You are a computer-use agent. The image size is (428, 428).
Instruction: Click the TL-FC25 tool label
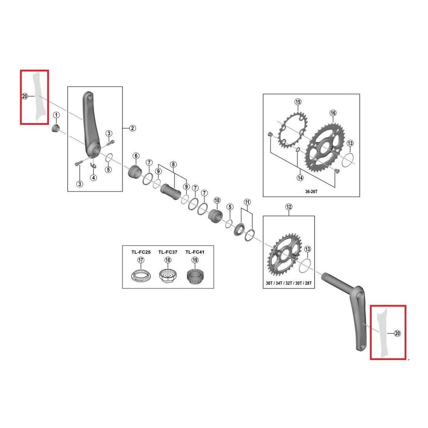coord(141,252)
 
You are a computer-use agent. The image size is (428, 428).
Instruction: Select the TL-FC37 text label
coord(168,252)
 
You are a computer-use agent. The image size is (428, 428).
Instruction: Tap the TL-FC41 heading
coord(195,252)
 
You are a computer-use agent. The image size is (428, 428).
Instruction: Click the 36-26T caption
coord(311,191)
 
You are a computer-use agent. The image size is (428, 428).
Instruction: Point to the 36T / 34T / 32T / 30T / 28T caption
coord(289,283)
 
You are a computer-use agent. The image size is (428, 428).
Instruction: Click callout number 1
coord(56,115)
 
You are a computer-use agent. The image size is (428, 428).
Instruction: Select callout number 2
coord(132,128)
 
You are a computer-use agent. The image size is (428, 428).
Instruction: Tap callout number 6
coord(136,156)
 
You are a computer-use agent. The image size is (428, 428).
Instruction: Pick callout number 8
coord(173,164)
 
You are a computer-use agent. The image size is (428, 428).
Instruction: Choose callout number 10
coord(217,200)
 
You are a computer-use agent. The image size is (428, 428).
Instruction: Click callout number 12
coord(289,207)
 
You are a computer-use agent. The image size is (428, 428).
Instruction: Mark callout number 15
coord(298,102)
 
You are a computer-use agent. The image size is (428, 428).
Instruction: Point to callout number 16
coord(333,113)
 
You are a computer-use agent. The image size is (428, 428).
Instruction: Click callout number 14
coord(300,178)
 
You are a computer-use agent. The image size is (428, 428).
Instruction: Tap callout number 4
coord(94,178)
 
